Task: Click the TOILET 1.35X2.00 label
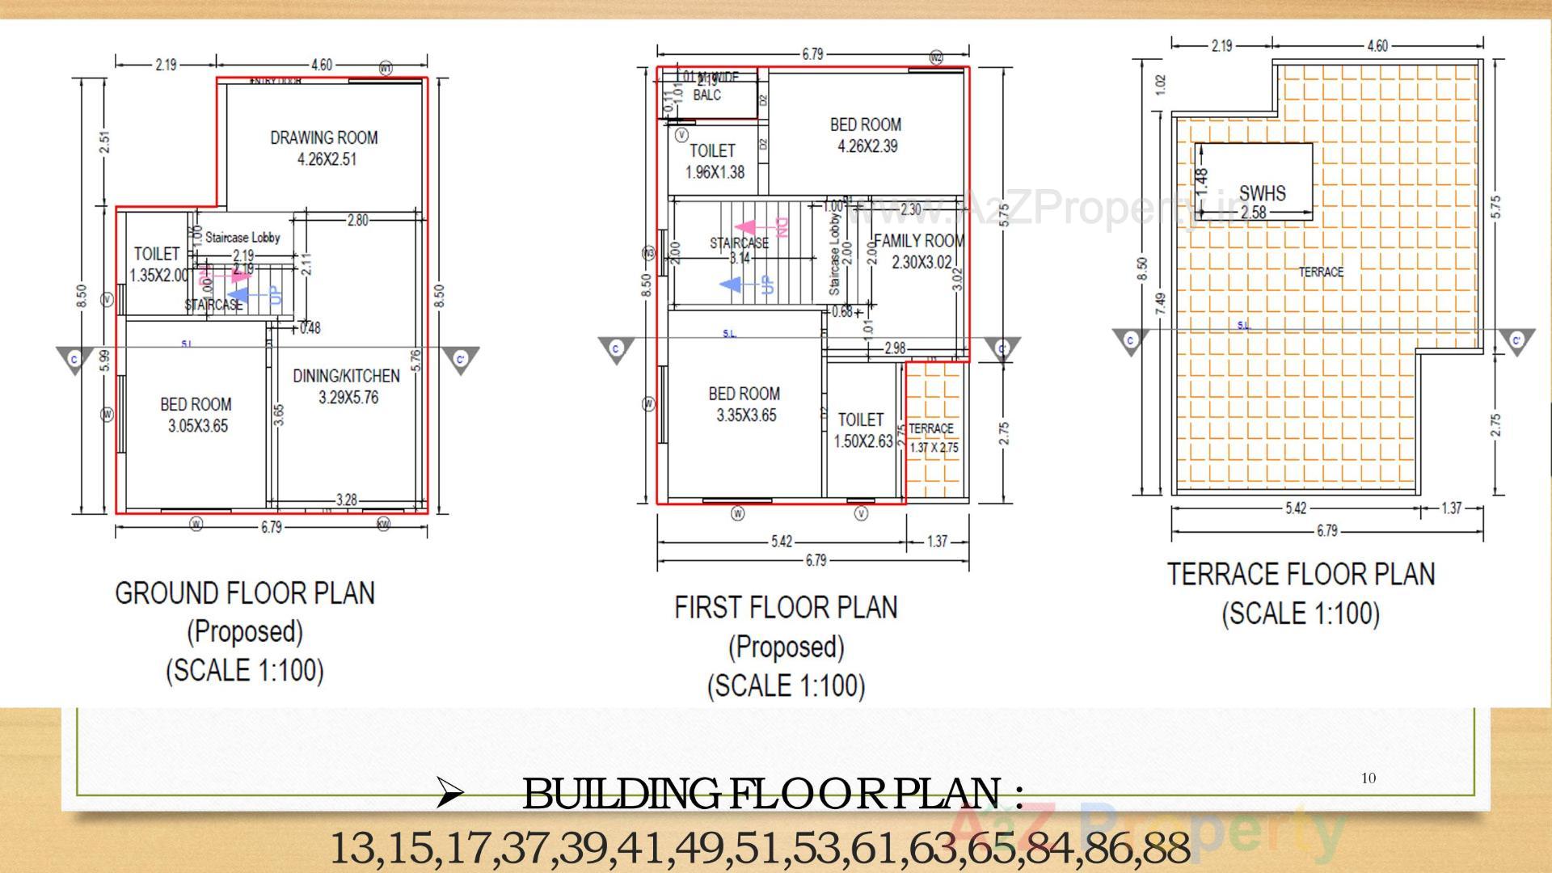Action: [x=157, y=264]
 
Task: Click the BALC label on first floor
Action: [x=706, y=95]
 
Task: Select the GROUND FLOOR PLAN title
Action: [x=245, y=593]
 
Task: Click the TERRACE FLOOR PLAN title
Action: [x=1301, y=575]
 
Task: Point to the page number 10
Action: [x=1368, y=778]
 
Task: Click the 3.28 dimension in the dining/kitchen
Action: [x=346, y=500]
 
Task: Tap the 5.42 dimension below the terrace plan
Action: [x=1296, y=508]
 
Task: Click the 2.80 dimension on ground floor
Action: [x=356, y=220]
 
